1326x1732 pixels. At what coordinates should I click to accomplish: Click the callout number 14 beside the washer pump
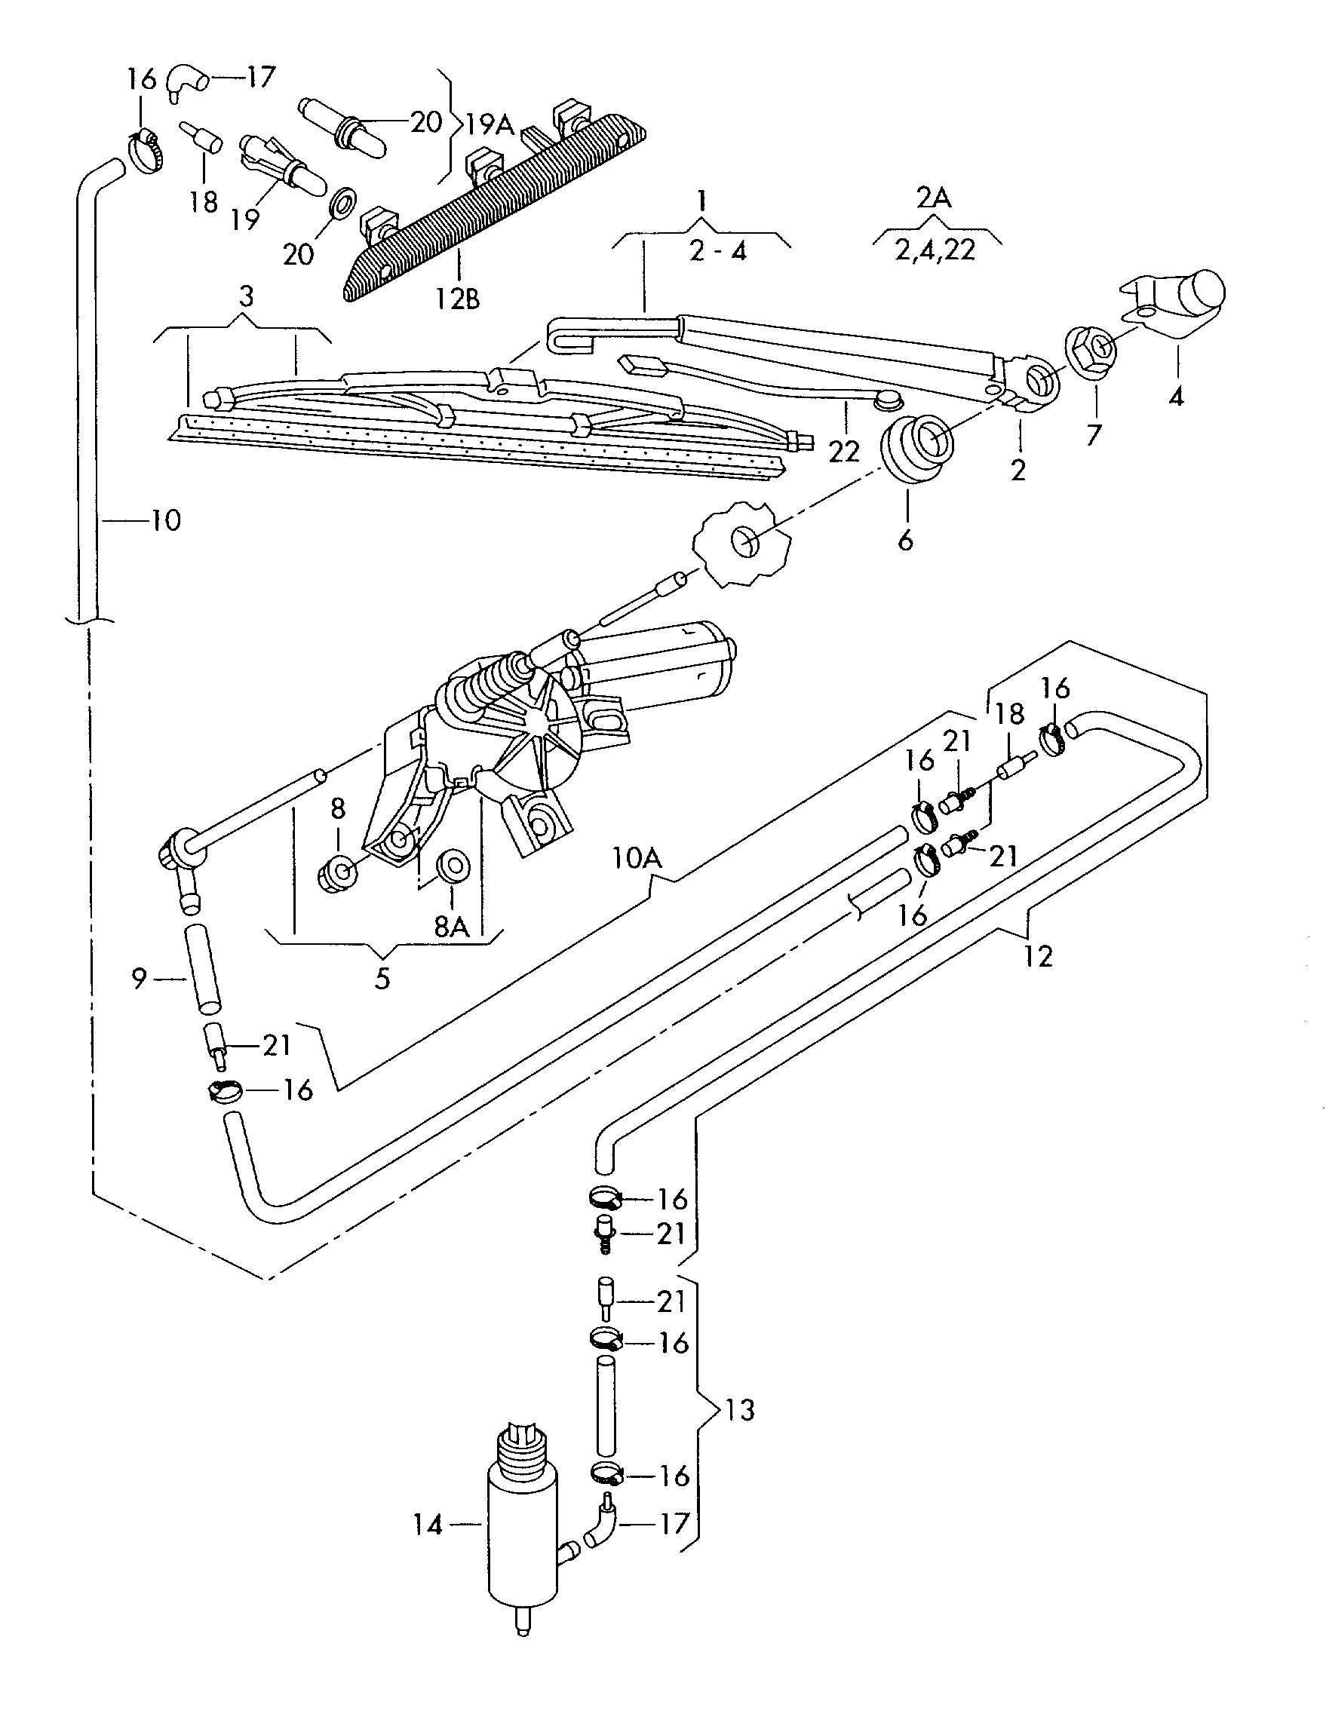tap(428, 1525)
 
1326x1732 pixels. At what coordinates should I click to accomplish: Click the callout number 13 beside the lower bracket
tap(740, 1409)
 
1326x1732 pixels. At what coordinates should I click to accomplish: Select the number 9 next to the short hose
tap(139, 979)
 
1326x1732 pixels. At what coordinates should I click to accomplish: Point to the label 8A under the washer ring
tap(452, 927)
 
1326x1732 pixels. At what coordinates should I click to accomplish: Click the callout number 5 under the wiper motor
tap(382, 979)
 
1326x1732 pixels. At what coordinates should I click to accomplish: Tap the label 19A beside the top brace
tap(490, 124)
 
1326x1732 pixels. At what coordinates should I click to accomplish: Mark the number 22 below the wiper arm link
tap(843, 452)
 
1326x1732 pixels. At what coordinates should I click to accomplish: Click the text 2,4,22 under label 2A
tap(936, 250)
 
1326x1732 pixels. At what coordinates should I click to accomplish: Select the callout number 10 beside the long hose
tap(166, 520)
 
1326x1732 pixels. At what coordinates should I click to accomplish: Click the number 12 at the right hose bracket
tap(1039, 956)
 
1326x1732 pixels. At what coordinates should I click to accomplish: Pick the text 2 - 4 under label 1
tap(717, 251)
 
